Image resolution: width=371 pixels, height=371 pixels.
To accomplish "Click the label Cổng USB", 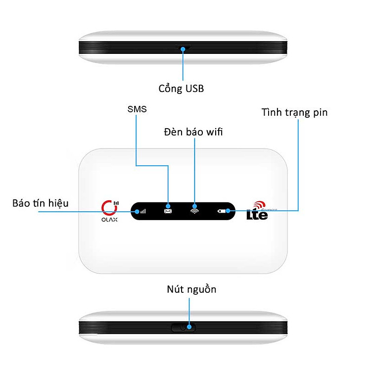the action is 181,88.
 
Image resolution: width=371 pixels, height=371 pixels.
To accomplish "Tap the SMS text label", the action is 137,109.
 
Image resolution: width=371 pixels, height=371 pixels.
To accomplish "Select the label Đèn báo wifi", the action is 193,132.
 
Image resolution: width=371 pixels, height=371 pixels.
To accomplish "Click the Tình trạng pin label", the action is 294,112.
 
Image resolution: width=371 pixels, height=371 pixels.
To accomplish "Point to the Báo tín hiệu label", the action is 41,203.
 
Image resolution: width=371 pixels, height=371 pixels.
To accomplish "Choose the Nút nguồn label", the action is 191,289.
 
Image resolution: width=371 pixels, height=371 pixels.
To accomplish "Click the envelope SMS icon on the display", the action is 168,211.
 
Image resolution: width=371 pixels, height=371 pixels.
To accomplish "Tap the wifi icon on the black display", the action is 194,211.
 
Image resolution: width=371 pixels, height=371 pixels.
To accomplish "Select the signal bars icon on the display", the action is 143,211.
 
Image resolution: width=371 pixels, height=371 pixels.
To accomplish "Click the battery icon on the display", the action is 222,211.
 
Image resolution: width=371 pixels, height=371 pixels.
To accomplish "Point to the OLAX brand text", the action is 109,220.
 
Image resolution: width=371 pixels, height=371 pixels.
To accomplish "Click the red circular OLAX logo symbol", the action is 109,207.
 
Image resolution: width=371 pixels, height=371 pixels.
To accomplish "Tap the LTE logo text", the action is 257,215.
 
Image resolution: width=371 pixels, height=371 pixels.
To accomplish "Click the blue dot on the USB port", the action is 183,49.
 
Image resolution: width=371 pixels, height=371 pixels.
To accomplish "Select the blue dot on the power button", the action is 189,327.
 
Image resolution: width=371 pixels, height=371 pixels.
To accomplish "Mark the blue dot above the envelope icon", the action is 168,206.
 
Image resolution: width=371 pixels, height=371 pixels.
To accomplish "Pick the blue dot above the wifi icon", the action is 194,206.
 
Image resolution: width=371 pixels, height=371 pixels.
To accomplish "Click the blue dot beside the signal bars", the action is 137,212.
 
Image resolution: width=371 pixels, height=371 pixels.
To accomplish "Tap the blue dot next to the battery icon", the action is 228,211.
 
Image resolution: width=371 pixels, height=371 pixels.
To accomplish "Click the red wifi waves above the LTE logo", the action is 259,205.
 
